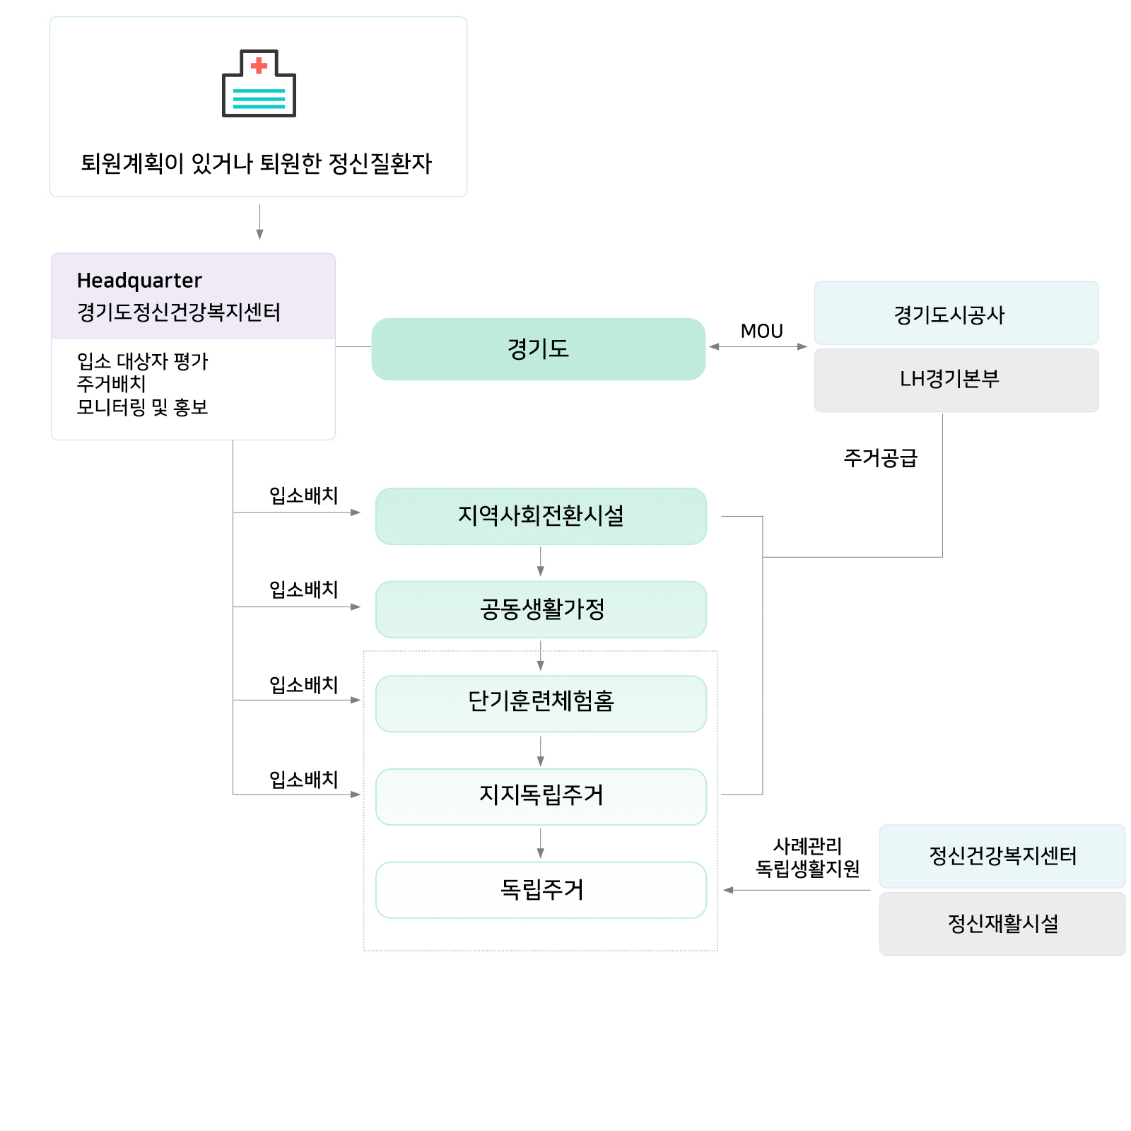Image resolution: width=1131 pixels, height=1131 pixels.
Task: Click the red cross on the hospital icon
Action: point(259,66)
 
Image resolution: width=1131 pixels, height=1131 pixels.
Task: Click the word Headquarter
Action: point(139,281)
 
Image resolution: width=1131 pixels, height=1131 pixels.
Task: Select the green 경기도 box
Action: point(539,348)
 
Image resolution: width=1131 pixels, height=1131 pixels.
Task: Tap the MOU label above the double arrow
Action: point(761,331)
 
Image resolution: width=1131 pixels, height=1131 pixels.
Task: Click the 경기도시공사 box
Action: point(956,313)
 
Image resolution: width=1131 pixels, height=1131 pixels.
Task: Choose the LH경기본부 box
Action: point(956,380)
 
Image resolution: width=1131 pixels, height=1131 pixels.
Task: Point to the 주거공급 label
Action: point(880,458)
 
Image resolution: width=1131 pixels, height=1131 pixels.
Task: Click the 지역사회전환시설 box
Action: point(541,516)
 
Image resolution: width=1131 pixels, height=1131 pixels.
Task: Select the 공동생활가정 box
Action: point(541,609)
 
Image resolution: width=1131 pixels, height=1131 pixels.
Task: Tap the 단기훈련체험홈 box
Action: point(541,703)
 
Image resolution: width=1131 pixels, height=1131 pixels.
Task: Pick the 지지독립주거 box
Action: point(541,797)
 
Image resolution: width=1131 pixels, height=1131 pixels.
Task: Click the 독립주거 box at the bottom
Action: point(541,890)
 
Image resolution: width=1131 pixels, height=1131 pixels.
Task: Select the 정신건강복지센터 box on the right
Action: point(1002,856)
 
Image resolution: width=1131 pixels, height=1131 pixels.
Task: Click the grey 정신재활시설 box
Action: point(1002,924)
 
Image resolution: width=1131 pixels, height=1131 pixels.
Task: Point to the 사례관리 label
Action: point(807,845)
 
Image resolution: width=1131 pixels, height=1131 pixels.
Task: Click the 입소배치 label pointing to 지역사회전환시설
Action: point(304,496)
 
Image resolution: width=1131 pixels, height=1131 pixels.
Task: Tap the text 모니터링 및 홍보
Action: point(142,407)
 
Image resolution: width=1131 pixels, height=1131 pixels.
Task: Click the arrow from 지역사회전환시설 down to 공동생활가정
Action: point(541,562)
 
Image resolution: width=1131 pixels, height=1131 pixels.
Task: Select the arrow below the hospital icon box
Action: point(259,222)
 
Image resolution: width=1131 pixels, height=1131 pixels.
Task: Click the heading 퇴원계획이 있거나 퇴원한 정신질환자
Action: point(256,163)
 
